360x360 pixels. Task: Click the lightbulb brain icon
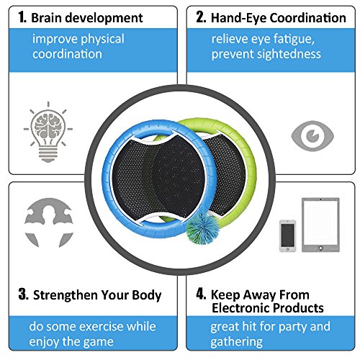pyautogui.click(x=48, y=132)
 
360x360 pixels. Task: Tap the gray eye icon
pyautogui.click(x=312, y=136)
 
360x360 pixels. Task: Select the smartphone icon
pyautogui.click(x=288, y=236)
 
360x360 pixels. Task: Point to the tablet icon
pyautogui.click(x=320, y=225)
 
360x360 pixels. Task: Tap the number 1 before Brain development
pyautogui.click(x=22, y=17)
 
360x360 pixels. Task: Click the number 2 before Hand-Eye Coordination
pyautogui.click(x=201, y=17)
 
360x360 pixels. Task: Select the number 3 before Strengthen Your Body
pyautogui.click(x=24, y=294)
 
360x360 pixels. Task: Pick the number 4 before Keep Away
pyautogui.click(x=201, y=294)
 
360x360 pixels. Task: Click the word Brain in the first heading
pyautogui.click(x=46, y=18)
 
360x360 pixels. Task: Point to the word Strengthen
pyautogui.click(x=66, y=295)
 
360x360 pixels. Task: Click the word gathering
pyautogui.click(x=236, y=342)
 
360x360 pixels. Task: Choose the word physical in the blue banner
pyautogui.click(x=102, y=40)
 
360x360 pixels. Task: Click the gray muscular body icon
pyautogui.click(x=49, y=222)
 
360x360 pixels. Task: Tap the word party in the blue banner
pyautogui.click(x=293, y=328)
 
